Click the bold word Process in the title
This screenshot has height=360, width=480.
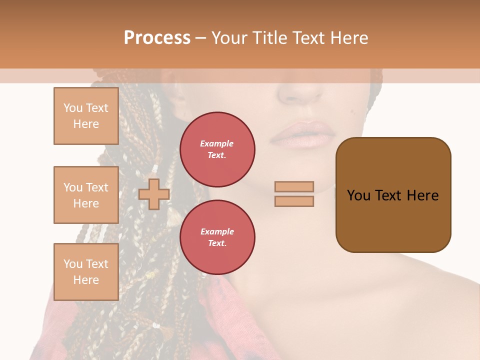pos(157,38)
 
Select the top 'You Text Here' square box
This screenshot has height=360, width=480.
pos(86,116)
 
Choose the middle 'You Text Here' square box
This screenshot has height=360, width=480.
pos(86,195)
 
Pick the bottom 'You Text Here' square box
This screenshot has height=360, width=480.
pos(86,272)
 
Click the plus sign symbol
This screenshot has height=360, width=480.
pos(154,194)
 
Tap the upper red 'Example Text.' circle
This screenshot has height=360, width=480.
pos(217,149)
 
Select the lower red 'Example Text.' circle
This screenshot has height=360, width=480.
pos(217,237)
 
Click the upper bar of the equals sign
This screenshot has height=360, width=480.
pos(294,186)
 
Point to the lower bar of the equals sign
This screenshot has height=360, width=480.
pos(294,201)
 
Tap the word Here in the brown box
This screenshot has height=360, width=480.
pos(422,195)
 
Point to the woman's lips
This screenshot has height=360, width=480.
pos(303,135)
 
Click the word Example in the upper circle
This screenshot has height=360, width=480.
pos(217,143)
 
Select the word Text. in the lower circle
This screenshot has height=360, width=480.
pos(217,243)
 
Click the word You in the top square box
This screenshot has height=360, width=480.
pos(73,108)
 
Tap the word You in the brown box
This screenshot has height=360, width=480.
pos(359,195)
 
